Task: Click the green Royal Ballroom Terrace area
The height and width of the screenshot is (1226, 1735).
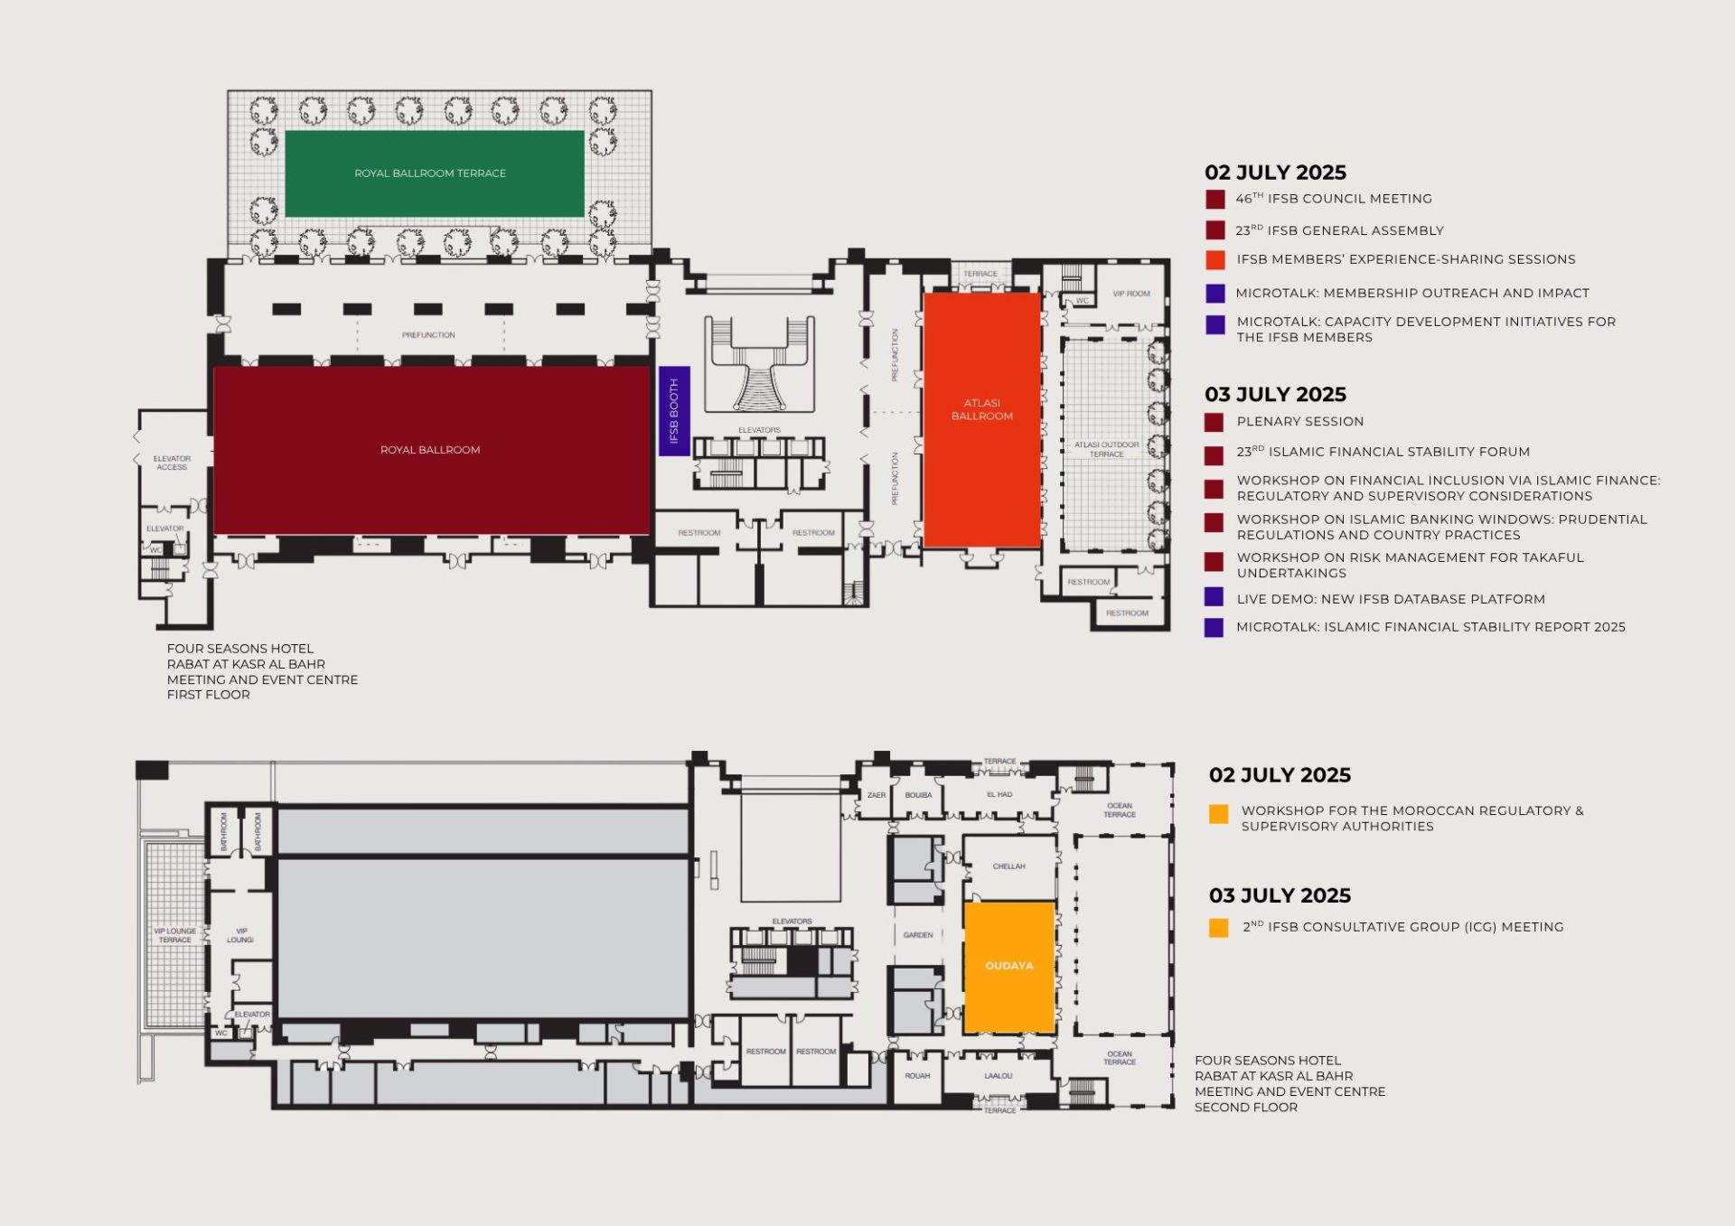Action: (434, 173)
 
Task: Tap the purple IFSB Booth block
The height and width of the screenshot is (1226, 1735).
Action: (674, 411)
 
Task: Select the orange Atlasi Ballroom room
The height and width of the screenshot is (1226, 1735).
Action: (981, 419)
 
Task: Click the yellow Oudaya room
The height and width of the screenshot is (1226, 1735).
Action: (1009, 966)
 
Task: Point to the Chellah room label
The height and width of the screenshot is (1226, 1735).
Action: (1009, 866)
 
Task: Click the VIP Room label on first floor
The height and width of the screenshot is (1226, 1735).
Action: (1131, 294)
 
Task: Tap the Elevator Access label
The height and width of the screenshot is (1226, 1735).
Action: (172, 463)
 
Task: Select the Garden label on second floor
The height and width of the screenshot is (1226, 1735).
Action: (918, 935)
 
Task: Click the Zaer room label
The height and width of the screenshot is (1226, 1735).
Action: (877, 795)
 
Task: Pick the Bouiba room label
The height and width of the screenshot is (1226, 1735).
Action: (918, 795)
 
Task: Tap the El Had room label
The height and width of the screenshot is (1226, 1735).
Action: (999, 795)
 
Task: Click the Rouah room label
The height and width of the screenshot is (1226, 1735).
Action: (917, 1076)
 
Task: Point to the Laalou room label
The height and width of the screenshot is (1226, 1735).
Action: (999, 1076)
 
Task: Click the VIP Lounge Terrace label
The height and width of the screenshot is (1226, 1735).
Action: (174, 935)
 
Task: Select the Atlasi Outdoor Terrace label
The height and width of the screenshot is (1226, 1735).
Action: (1107, 449)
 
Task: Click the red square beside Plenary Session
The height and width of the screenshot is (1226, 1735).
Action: (1214, 422)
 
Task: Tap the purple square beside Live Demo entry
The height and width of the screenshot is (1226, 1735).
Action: (1214, 597)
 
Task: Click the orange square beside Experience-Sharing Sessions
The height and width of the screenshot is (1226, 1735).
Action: (1215, 259)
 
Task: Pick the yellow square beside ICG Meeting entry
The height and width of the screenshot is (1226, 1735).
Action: (1218, 928)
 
